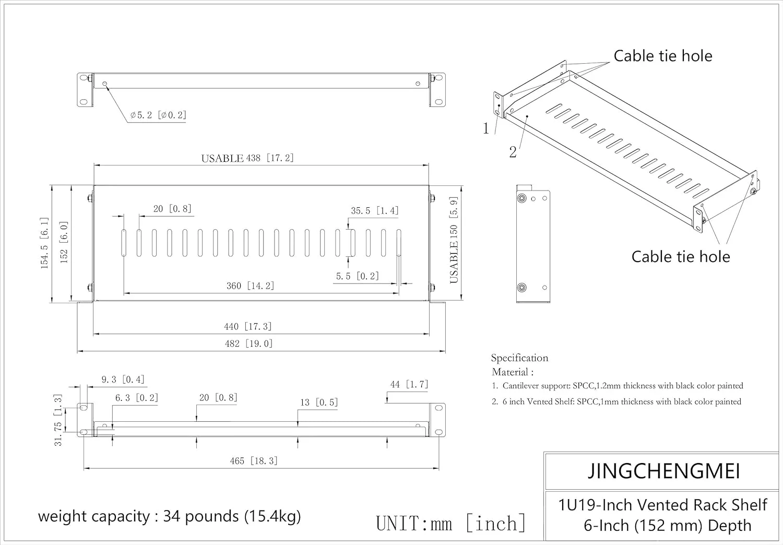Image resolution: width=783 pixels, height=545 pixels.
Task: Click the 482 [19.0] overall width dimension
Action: point(248,343)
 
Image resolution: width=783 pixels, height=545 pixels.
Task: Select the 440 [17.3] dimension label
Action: point(248,326)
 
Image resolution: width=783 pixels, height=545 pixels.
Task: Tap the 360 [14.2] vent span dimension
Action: point(250,286)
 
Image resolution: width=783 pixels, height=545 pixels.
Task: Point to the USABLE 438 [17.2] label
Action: point(247,158)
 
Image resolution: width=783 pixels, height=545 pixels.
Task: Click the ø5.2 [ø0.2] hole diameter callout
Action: point(158,115)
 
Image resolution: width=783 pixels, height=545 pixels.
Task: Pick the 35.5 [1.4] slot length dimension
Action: point(374,210)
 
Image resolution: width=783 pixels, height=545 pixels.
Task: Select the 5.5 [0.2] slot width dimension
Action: point(357,276)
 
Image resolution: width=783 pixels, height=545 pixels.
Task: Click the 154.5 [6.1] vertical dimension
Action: point(45,243)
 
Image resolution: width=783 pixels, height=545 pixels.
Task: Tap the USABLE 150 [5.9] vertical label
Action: point(454,240)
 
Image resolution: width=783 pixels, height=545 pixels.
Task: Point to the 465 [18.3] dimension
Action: point(254,460)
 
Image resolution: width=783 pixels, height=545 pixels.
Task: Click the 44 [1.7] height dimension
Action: point(409,384)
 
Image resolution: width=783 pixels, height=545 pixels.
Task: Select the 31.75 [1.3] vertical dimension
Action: point(58,420)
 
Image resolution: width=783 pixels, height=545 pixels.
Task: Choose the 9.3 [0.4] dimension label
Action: point(123,380)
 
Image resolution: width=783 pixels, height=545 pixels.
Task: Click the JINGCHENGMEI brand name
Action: point(663,471)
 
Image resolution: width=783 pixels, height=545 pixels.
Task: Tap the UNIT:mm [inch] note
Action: point(451,523)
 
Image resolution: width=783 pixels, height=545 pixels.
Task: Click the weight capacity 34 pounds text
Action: point(170,516)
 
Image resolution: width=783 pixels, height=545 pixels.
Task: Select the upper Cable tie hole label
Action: point(662,56)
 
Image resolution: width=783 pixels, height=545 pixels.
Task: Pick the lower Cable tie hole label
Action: point(680,256)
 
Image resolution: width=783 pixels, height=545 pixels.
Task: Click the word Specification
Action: point(519,358)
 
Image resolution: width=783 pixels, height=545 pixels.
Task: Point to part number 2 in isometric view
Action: point(513,152)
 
